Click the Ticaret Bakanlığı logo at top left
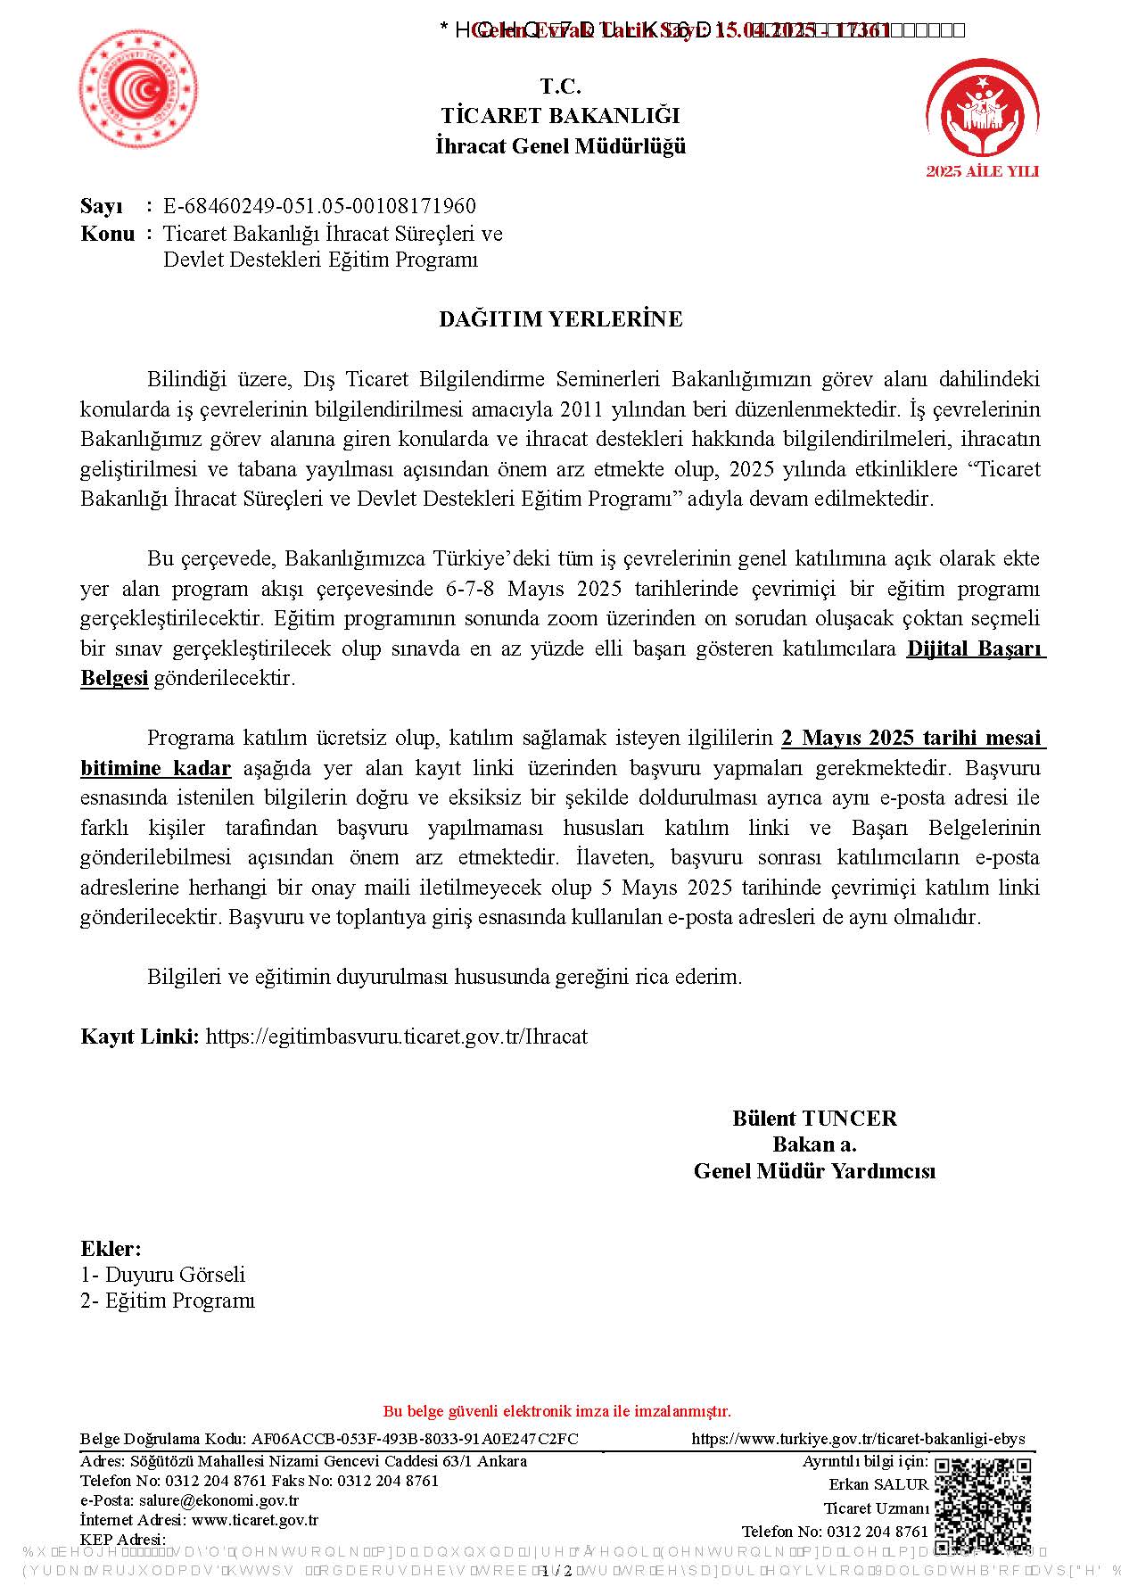[x=138, y=88]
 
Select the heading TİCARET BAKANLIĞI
[x=560, y=116]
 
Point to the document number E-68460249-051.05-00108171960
[x=319, y=206]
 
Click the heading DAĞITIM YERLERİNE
[x=560, y=319]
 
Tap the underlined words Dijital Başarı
[x=975, y=649]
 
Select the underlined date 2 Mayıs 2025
[x=848, y=739]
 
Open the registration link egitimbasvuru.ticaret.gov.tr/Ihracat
[x=396, y=1037]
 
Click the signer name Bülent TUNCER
[x=814, y=1119]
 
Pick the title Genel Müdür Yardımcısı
[x=814, y=1171]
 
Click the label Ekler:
[x=111, y=1249]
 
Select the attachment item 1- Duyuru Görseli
[x=162, y=1275]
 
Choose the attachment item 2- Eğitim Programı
[x=168, y=1301]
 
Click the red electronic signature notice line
[x=556, y=1411]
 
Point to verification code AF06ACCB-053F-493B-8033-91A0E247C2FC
[x=415, y=1439]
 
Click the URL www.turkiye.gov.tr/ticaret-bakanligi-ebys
[x=858, y=1439]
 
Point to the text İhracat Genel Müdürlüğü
[x=560, y=146]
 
